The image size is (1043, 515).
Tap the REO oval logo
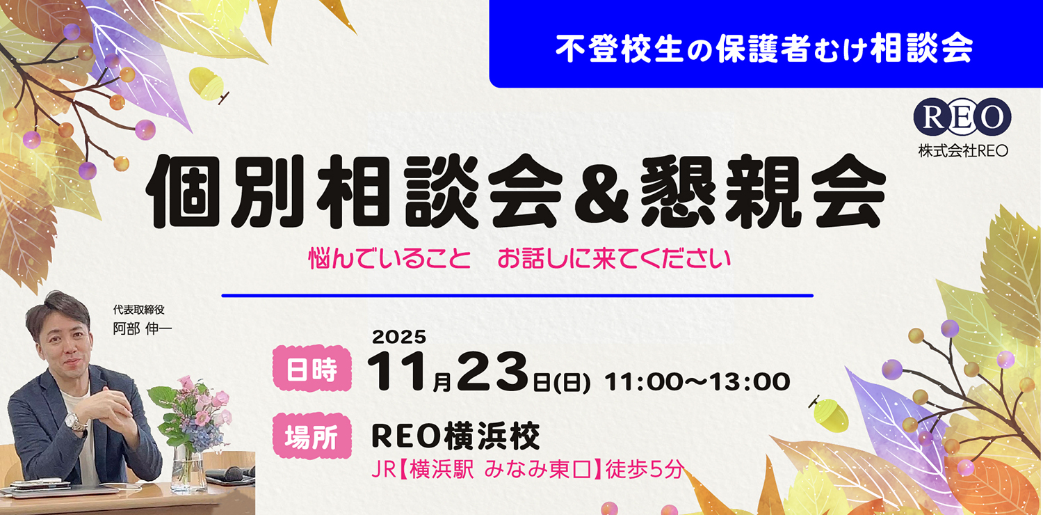pyautogui.click(x=962, y=117)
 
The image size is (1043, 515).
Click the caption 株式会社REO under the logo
pyautogui.click(x=962, y=150)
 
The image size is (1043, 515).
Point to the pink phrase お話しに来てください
pyautogui.click(x=613, y=259)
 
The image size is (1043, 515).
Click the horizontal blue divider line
pyautogui.click(x=517, y=296)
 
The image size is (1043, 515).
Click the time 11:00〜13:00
pyautogui.click(x=697, y=381)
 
